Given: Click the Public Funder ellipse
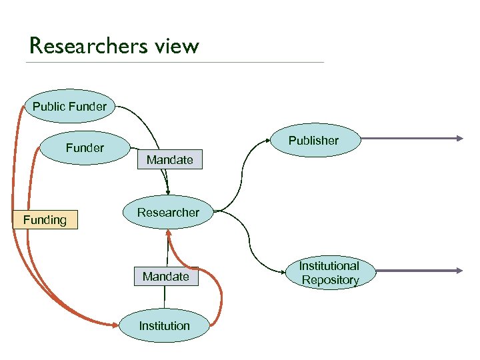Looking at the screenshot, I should [x=69, y=106].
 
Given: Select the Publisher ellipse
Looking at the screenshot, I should [x=313, y=141].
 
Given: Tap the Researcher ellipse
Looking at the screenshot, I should [x=168, y=213].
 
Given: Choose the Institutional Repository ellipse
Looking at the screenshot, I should [x=329, y=273].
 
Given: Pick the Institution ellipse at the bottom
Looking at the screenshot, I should [x=164, y=325].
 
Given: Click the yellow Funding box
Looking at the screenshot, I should [x=45, y=220].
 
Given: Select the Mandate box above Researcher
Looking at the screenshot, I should [x=169, y=160].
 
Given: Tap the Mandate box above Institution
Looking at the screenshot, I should [x=166, y=276].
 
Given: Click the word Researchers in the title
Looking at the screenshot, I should [x=85, y=46].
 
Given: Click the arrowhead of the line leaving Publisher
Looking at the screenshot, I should [x=459, y=139].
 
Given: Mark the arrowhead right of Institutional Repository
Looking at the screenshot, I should [x=459, y=271].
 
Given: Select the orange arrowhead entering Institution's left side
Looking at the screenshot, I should [x=116, y=325].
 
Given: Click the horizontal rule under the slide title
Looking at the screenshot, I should [x=173, y=63].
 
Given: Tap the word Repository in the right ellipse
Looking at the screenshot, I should [x=330, y=280].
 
